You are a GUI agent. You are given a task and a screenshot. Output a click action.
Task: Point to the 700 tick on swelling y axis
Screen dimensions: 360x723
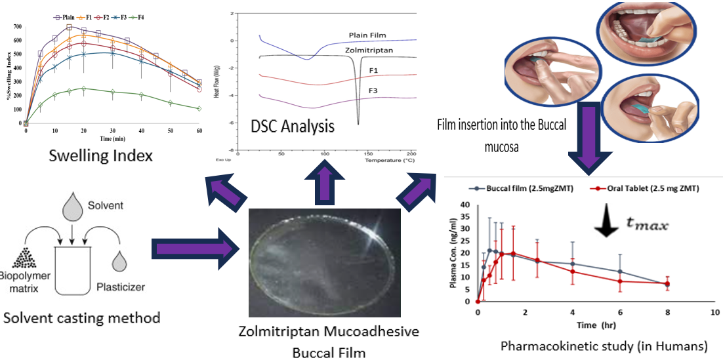pos(17,27)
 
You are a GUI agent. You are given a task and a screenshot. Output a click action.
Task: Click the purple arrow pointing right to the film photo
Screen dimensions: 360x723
pos(190,249)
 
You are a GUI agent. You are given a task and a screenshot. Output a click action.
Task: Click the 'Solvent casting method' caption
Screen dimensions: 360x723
pos(81,318)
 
